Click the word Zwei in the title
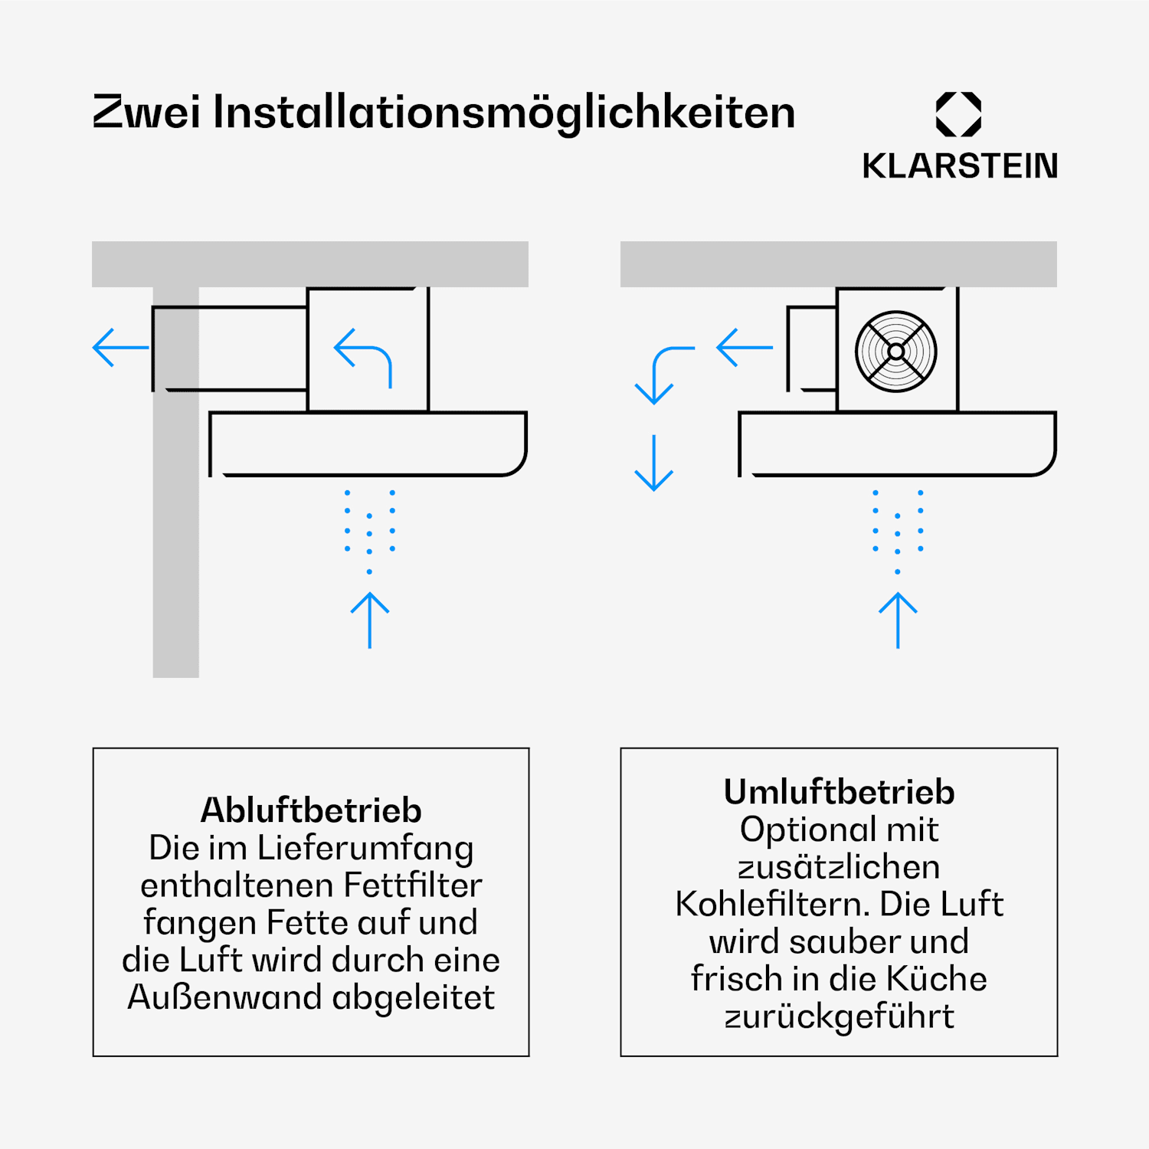(146, 112)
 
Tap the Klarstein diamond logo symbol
(958, 114)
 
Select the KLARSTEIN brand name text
(960, 165)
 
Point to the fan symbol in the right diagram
(896, 351)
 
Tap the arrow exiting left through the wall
(121, 348)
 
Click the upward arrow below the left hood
(370, 620)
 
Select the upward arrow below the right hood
(898, 620)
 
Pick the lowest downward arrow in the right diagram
(654, 463)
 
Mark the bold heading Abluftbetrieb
(311, 810)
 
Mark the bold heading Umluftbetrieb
(840, 792)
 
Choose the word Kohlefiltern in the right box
(772, 905)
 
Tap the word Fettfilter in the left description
(413, 885)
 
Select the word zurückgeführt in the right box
(840, 1016)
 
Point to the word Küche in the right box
(937, 979)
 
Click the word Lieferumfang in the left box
(365, 848)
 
